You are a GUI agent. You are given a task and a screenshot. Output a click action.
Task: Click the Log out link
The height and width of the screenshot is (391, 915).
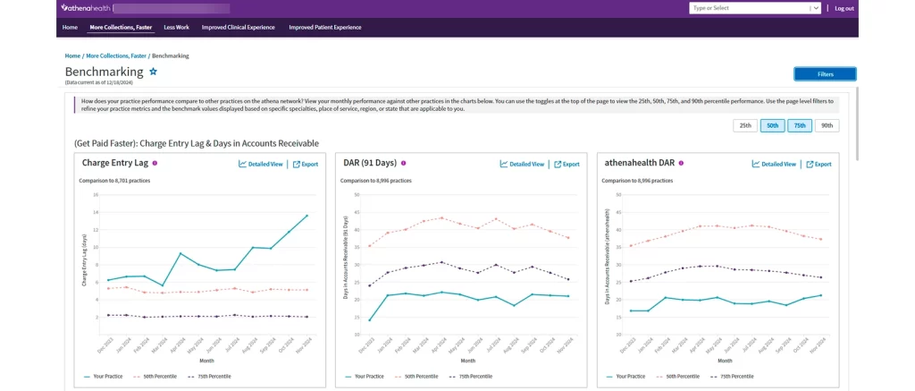click(x=844, y=8)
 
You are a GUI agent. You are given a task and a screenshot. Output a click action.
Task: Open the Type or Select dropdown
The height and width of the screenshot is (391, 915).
click(x=754, y=8)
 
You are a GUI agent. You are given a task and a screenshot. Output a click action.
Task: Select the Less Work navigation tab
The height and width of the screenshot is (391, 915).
click(x=176, y=28)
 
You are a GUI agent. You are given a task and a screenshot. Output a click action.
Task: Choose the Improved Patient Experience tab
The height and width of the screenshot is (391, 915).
click(x=324, y=28)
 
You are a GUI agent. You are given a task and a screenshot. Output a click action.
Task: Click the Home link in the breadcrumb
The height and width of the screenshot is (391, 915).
click(x=72, y=55)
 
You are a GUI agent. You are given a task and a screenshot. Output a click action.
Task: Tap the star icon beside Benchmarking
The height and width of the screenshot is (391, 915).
click(x=153, y=72)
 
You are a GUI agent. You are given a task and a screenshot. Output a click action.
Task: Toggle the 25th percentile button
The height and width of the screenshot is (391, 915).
click(x=744, y=125)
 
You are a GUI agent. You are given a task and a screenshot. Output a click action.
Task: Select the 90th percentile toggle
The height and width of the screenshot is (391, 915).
click(x=827, y=125)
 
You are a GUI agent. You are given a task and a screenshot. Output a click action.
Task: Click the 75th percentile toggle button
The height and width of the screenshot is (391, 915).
click(x=800, y=125)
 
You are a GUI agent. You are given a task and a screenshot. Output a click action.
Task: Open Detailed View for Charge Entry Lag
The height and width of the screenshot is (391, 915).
click(x=261, y=164)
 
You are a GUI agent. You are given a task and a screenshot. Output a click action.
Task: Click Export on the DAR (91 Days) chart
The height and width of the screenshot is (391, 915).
click(x=567, y=164)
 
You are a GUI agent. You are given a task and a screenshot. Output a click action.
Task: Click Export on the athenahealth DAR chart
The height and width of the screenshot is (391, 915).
click(x=818, y=164)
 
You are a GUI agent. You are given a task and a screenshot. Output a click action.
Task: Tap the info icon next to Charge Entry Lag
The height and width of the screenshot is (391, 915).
click(x=155, y=163)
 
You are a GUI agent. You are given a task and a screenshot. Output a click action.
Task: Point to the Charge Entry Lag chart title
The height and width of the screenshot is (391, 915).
click(x=114, y=163)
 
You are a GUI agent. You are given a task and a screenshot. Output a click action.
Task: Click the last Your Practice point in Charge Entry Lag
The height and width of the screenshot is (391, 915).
click(x=306, y=216)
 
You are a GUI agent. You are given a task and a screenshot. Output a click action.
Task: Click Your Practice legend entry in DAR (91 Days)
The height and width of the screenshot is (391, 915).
click(x=365, y=377)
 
